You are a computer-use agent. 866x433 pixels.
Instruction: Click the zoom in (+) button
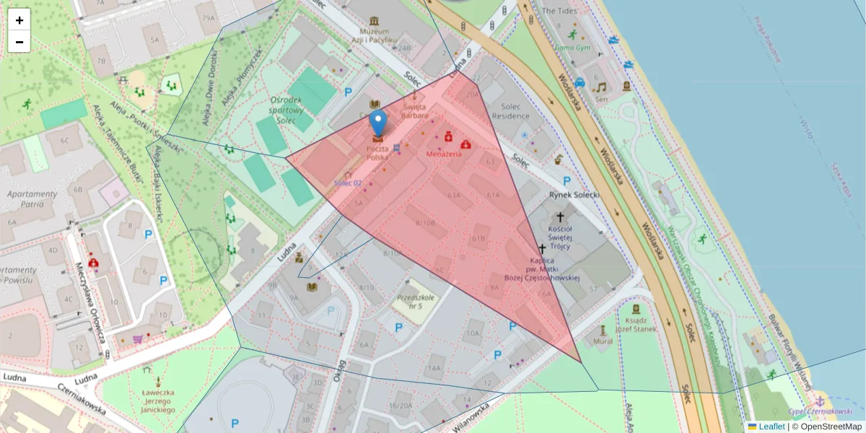(19, 20)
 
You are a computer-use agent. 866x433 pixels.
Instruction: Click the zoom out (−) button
(19, 42)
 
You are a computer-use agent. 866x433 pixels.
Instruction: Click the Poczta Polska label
(377, 152)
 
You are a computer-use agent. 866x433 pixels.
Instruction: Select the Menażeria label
(444, 154)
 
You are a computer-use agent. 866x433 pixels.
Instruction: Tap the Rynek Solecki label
(575, 194)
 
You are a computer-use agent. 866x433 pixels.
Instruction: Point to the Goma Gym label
(572, 48)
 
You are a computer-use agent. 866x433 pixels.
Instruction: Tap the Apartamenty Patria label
(31, 199)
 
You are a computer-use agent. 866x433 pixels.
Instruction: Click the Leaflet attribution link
(771, 427)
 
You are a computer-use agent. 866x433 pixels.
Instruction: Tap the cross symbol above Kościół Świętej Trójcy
(560, 216)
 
